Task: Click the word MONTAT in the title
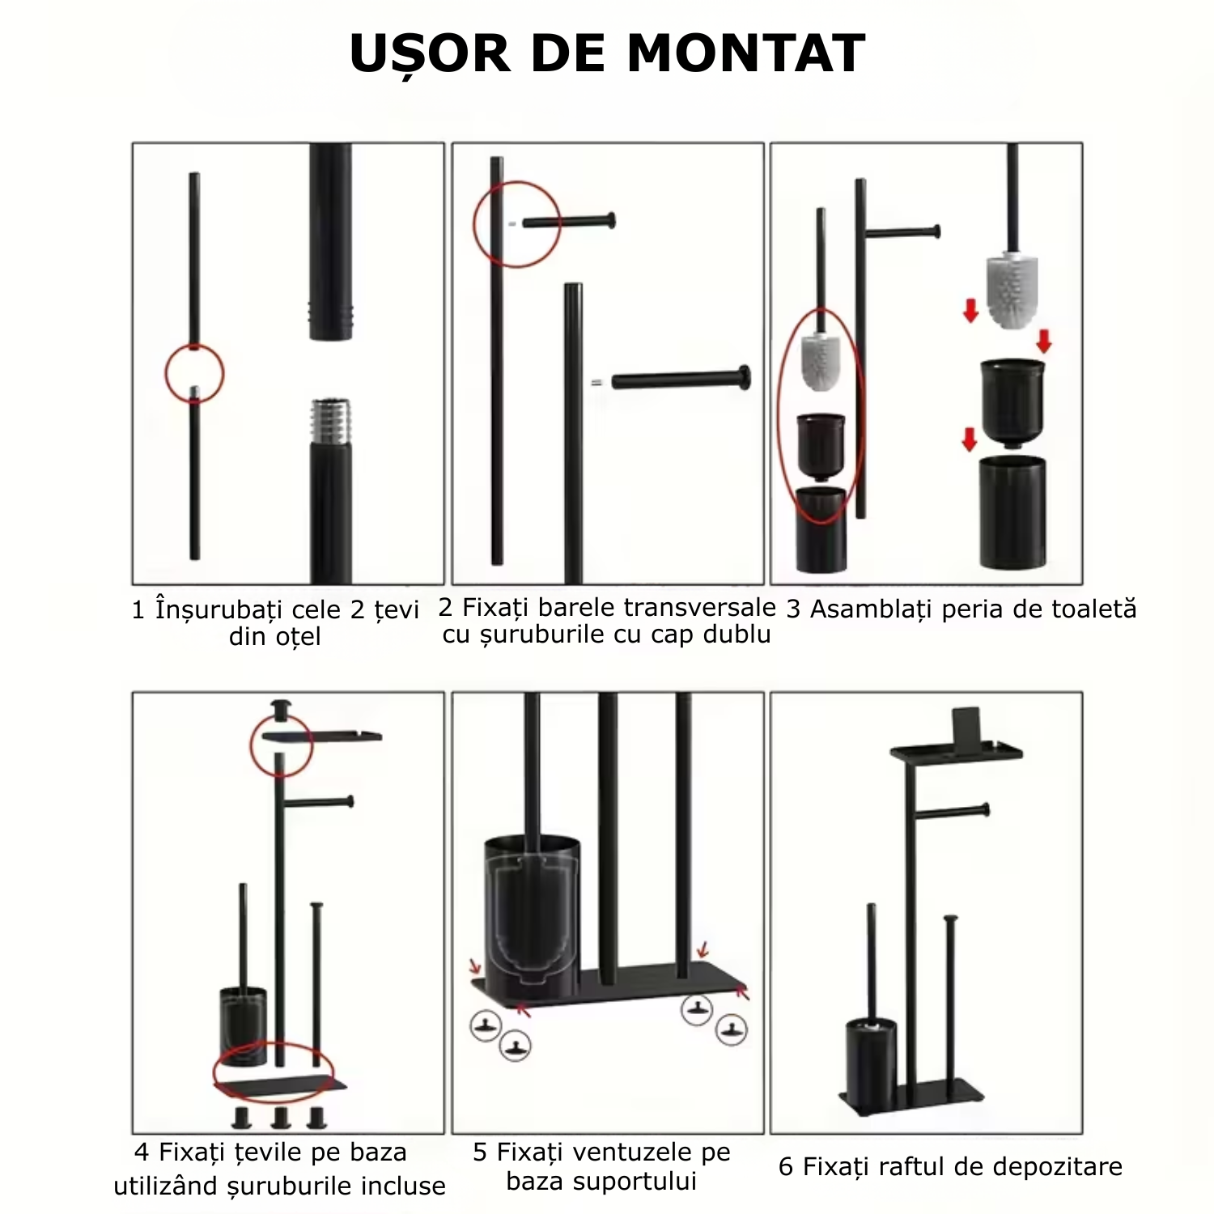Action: [x=745, y=53]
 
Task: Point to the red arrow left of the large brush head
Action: [x=970, y=310]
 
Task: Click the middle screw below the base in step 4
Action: [x=281, y=1118]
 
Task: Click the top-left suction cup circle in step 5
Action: [x=486, y=1025]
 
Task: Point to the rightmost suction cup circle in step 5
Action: [x=731, y=1030]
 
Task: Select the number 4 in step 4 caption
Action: [x=142, y=1152]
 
